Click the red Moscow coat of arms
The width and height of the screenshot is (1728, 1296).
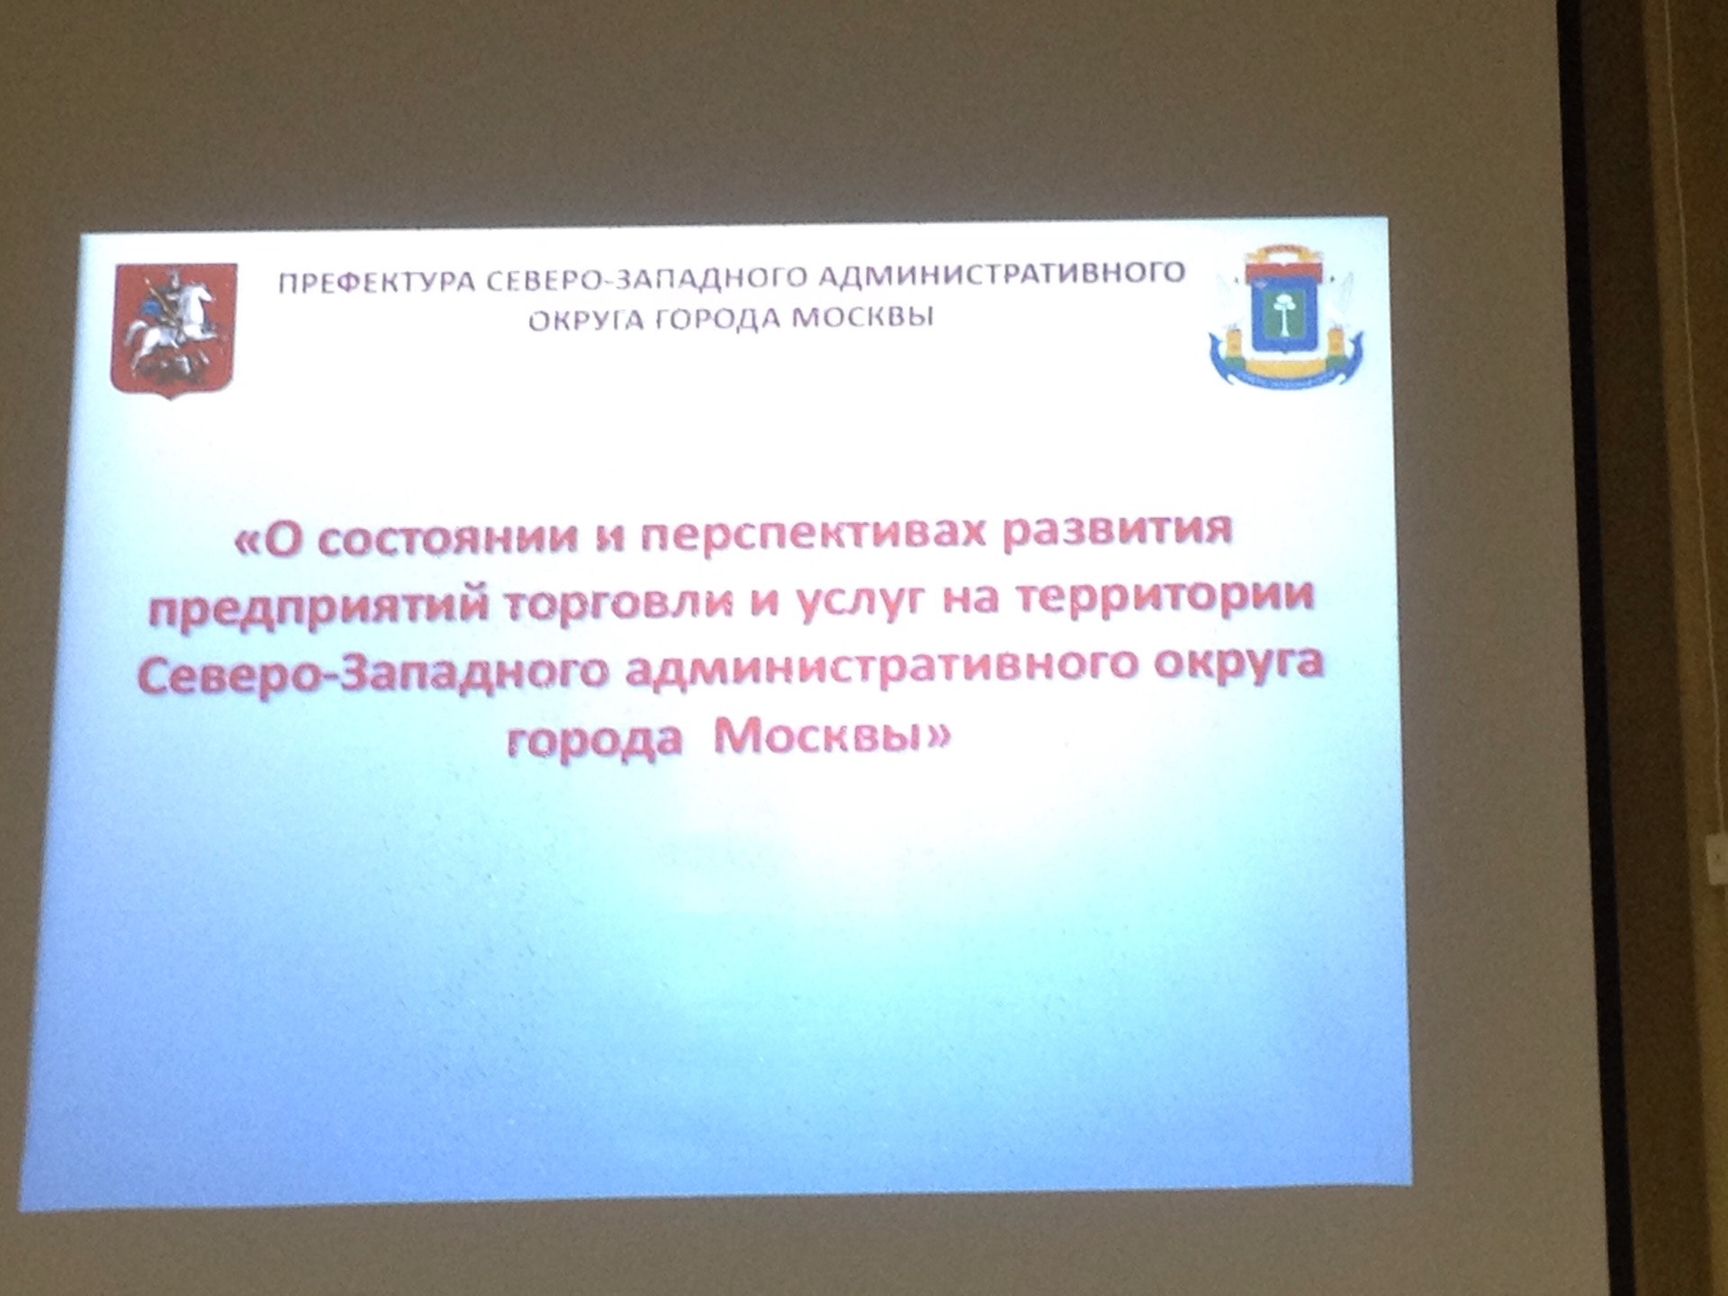174,330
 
